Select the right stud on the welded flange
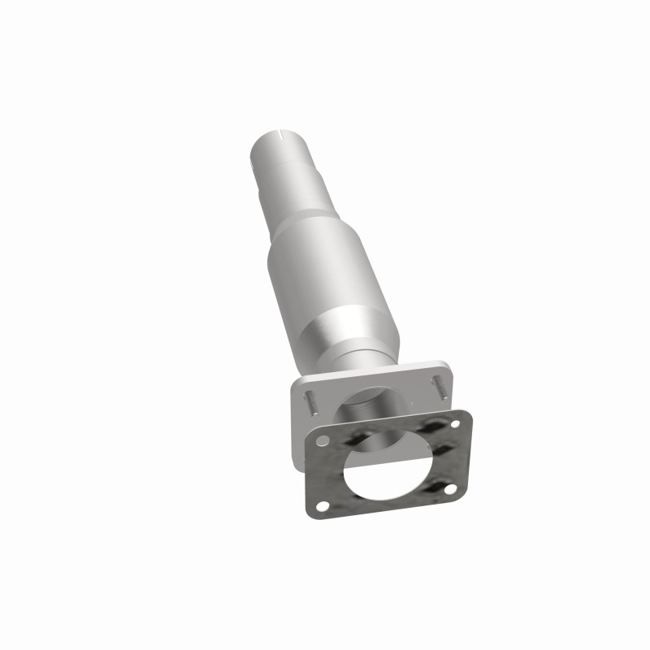pos(440,385)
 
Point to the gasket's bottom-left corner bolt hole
pos(324,506)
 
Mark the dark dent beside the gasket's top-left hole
pos(355,438)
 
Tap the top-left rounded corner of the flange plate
pos(300,382)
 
